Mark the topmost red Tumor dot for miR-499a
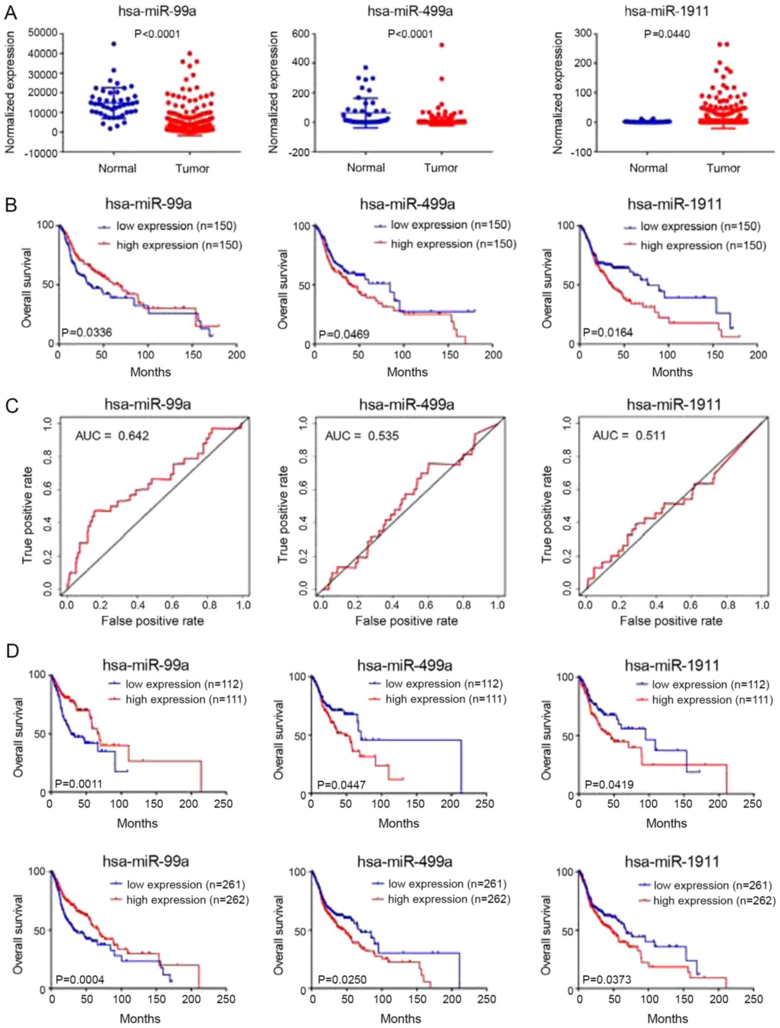[442, 45]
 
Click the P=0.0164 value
[608, 332]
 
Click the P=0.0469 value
[344, 334]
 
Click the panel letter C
[12, 405]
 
